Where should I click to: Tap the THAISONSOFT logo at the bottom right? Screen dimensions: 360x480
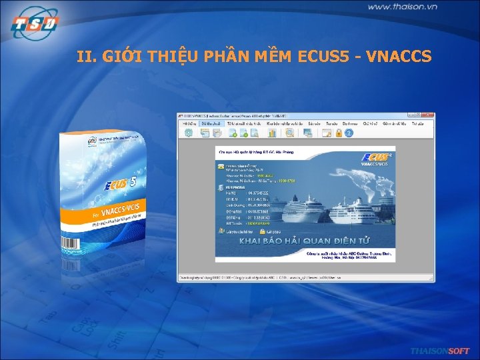coord(439,351)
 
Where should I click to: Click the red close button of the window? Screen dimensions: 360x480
coord(429,115)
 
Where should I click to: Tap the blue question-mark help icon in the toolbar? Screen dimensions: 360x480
coord(349,133)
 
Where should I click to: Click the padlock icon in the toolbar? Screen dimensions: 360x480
coord(339,133)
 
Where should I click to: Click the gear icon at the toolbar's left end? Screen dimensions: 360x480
coord(188,133)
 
